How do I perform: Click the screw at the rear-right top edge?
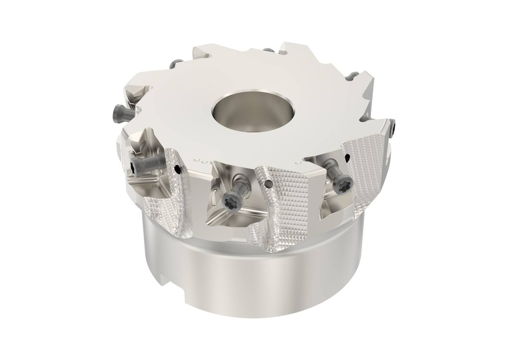(x=353, y=76)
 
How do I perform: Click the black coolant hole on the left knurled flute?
(x=177, y=170)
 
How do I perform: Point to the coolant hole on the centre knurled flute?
(x=268, y=184)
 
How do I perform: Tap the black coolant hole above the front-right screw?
(x=347, y=158)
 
